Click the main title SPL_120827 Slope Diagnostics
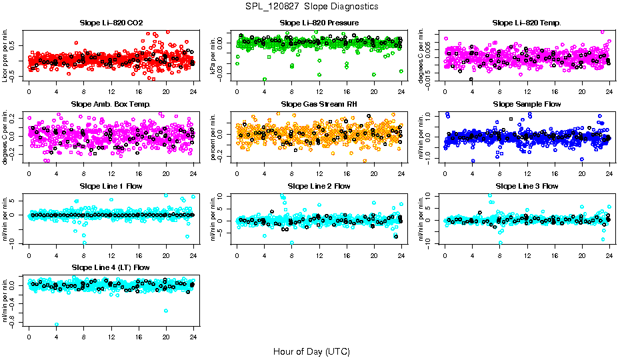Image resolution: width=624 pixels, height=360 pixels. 311,6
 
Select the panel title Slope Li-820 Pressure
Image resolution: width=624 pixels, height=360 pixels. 319,23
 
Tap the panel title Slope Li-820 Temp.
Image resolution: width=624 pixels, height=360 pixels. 527,23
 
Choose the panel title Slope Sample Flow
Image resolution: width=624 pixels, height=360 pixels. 527,104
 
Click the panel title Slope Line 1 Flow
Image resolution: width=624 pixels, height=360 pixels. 111,186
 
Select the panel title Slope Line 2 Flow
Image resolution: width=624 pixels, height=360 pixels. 319,186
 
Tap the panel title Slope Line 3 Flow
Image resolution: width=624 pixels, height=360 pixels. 527,186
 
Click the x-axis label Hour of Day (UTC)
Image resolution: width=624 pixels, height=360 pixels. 311,351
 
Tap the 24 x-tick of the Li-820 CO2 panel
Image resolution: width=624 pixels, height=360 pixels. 193,91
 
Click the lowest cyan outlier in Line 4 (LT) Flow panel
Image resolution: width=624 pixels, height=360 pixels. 57,324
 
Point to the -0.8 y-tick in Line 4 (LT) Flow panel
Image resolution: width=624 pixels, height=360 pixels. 14,323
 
